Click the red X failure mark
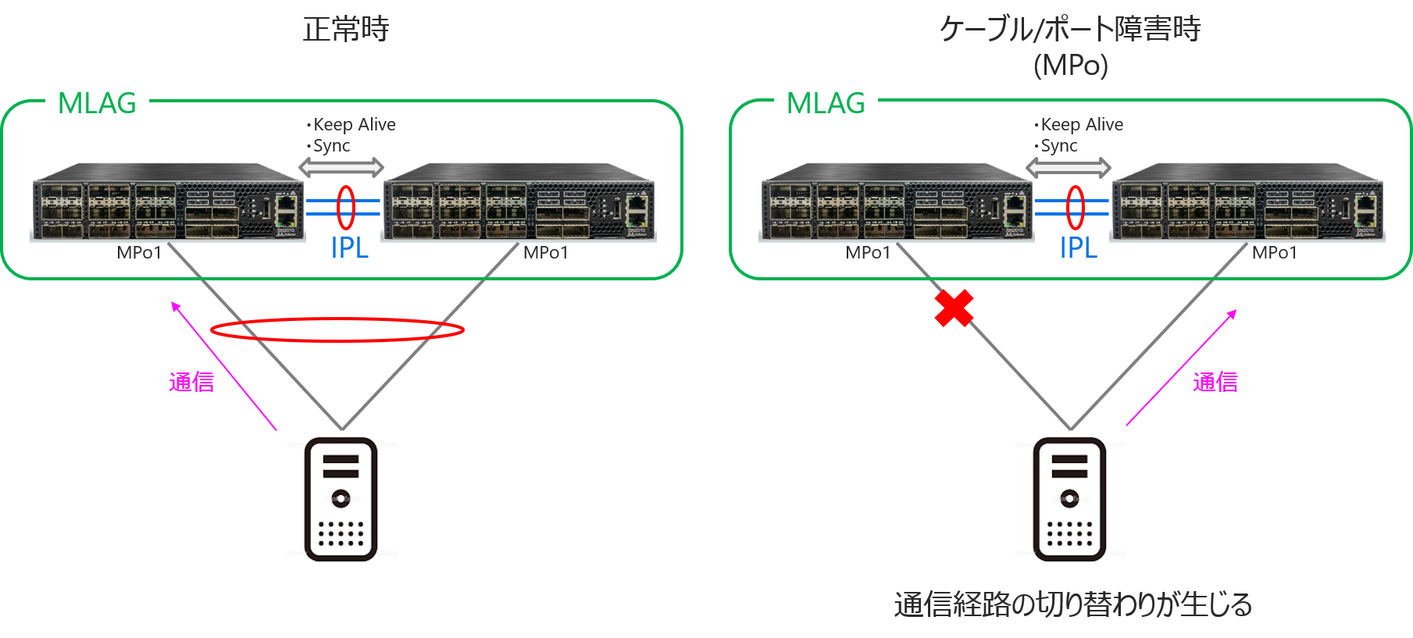[x=954, y=308]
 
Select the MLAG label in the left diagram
[x=97, y=102]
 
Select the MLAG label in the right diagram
[x=826, y=102]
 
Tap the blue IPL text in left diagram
[x=349, y=248]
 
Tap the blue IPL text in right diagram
[x=1078, y=248]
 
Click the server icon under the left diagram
[x=341, y=500]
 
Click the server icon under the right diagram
[x=1070, y=500]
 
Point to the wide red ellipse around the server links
[x=337, y=330]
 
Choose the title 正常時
[x=346, y=29]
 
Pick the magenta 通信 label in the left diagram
[x=191, y=382]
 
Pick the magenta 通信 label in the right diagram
[x=1215, y=382]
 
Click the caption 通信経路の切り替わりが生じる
[x=1072, y=604]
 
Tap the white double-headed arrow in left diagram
[x=341, y=167]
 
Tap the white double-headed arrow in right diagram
[x=1069, y=167]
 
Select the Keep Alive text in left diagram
[x=354, y=124]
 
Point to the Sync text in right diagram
[x=1058, y=146]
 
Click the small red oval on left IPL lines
[x=346, y=208]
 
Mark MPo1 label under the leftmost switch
[x=139, y=252]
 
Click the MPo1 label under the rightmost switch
[x=1274, y=252]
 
